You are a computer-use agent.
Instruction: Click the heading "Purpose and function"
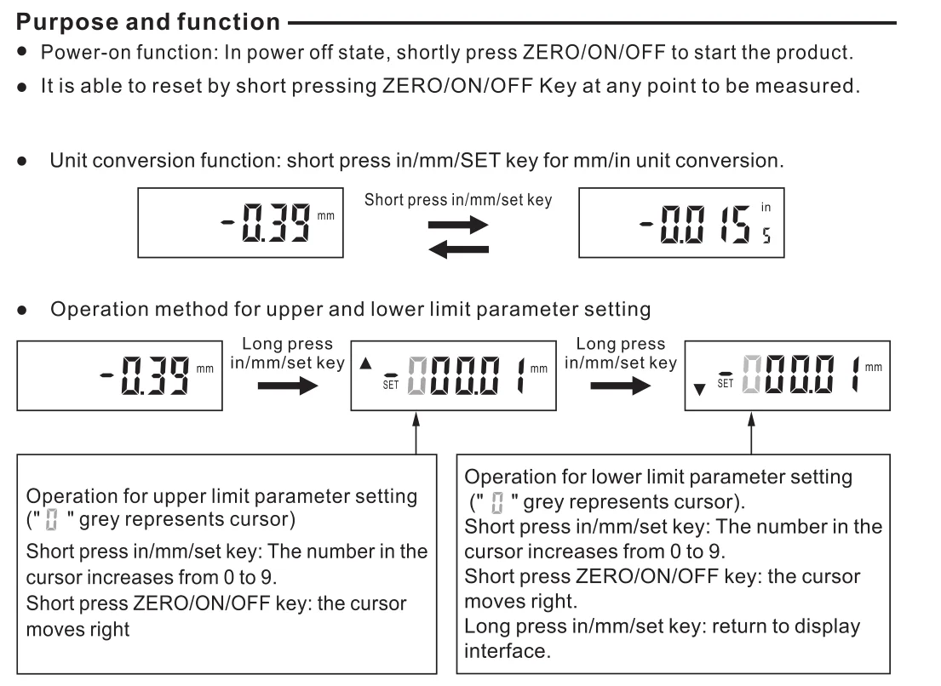[x=141, y=19]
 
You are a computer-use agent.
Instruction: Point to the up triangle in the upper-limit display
[x=365, y=363]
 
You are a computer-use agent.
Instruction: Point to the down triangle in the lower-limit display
[x=700, y=390]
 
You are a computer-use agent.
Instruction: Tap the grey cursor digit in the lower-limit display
[x=752, y=376]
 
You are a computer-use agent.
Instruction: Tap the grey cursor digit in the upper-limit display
[x=418, y=376]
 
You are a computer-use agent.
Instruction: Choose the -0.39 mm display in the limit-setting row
[x=118, y=375]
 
